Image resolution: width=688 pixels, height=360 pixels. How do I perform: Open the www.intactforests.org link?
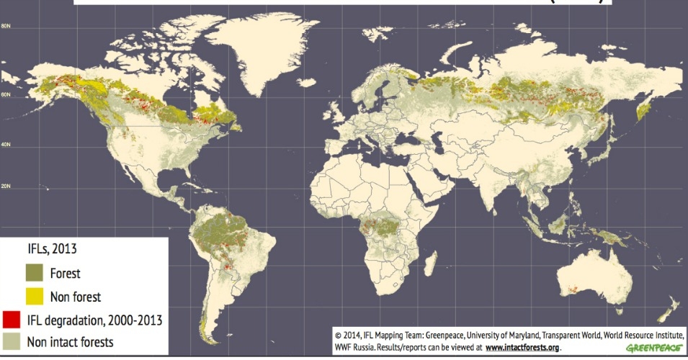coord(522,347)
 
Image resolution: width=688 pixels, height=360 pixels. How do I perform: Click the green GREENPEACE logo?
coord(654,348)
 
